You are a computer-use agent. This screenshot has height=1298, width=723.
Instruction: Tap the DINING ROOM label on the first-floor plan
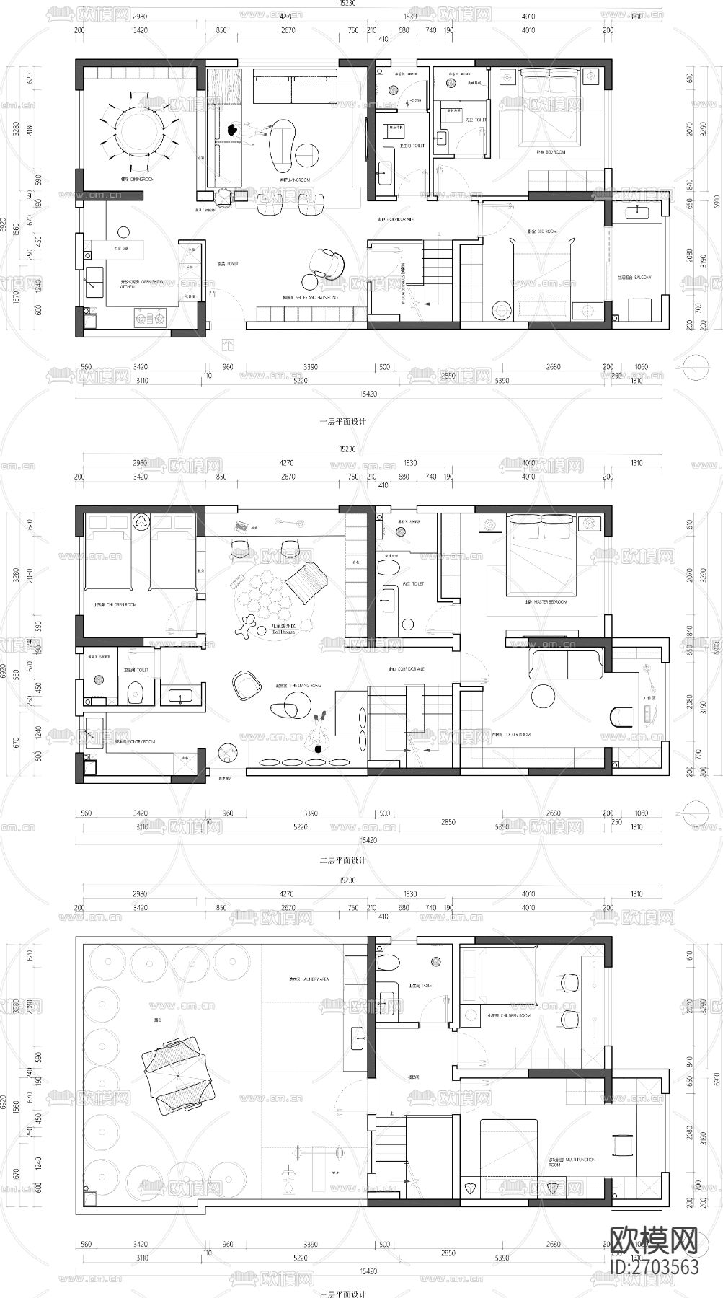[138, 179]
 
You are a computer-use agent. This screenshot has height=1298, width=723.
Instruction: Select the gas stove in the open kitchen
[149, 315]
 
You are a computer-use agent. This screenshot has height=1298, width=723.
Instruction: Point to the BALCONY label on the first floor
[634, 277]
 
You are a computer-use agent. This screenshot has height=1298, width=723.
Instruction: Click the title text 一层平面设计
[342, 422]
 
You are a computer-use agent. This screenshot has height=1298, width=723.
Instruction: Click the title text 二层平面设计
[342, 860]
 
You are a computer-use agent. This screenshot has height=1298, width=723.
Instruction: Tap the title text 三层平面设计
[342, 1294]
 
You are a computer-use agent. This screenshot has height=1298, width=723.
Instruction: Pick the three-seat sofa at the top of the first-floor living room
[295, 88]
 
